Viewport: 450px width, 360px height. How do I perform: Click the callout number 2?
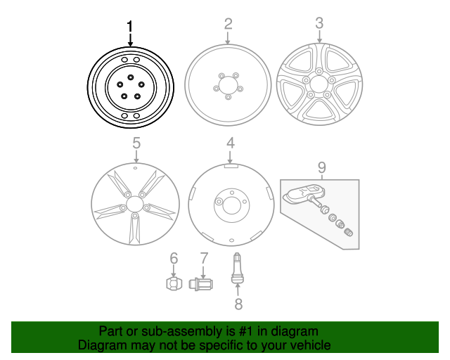point(228,24)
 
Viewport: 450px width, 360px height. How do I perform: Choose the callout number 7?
point(203,258)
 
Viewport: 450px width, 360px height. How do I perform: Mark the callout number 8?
point(238,304)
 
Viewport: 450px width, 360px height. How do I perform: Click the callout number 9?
point(321,167)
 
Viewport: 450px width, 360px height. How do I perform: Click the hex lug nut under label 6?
point(173,283)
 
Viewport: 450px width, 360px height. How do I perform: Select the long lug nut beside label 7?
point(202,284)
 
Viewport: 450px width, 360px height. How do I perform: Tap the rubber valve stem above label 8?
point(238,271)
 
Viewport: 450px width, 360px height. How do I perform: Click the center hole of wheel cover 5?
point(133,207)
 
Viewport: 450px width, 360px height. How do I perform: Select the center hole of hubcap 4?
point(229,202)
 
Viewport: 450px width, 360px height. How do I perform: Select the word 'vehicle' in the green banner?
point(309,345)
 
